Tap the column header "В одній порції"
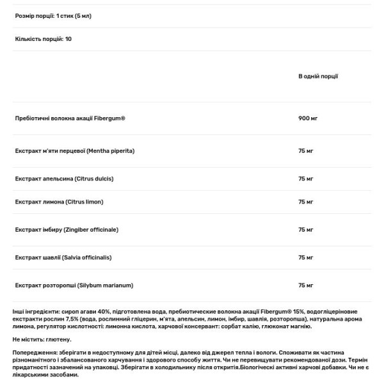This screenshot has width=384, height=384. (318, 77)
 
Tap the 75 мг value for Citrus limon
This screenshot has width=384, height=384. (305, 202)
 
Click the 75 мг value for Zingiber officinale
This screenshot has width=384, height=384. (305, 229)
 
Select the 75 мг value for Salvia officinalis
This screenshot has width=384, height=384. (305, 257)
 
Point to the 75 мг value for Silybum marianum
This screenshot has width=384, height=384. (305, 285)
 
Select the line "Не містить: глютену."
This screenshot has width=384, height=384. (42, 339)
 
